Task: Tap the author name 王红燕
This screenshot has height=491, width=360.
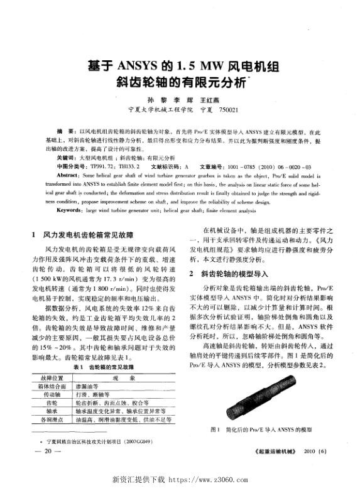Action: pos(207,99)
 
